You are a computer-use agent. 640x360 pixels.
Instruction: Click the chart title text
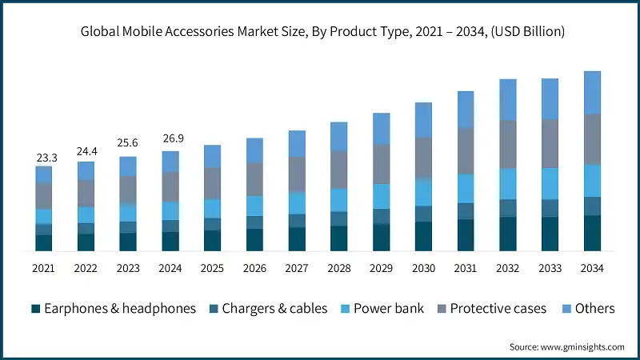pos(320,32)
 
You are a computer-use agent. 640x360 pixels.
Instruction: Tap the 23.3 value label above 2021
pos(44,158)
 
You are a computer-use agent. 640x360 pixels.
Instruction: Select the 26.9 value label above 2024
pos(170,138)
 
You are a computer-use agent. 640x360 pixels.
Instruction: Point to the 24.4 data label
pos(86,150)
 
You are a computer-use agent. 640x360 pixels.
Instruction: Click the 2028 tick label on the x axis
pos(339,268)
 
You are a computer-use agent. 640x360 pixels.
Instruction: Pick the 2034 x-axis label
pos(593,268)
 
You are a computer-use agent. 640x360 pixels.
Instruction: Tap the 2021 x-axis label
pos(44,268)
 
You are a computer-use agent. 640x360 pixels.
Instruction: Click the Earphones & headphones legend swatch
pos(35,309)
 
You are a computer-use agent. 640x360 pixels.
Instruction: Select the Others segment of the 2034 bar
pos(593,92)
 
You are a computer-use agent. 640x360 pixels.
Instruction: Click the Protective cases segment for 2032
pos(508,144)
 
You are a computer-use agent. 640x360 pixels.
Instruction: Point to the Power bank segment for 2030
pos(424,193)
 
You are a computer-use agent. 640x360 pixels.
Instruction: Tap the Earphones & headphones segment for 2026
pos(254,240)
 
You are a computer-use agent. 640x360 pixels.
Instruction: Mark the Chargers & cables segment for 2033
pos(550,208)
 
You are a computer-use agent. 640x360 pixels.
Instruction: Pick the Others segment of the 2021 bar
pos(44,174)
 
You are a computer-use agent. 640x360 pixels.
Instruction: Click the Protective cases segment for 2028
pos(339,170)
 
